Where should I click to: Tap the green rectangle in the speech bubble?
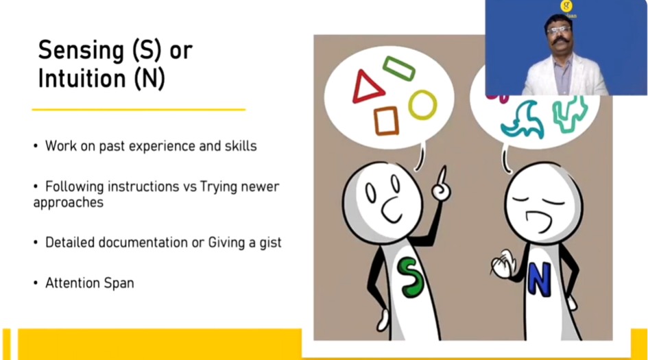(399, 68)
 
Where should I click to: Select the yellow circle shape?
(422, 105)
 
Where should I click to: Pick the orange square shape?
(387, 121)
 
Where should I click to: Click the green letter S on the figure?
(410, 277)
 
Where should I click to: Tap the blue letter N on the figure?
(539, 280)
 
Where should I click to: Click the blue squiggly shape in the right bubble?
(523, 120)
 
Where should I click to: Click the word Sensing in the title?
(81, 51)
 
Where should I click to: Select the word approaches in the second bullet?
(68, 203)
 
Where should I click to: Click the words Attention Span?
(90, 283)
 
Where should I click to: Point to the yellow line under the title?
(139, 110)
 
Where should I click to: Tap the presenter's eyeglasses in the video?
(559, 29)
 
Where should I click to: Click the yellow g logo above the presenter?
(566, 5)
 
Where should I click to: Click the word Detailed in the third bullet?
(70, 242)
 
